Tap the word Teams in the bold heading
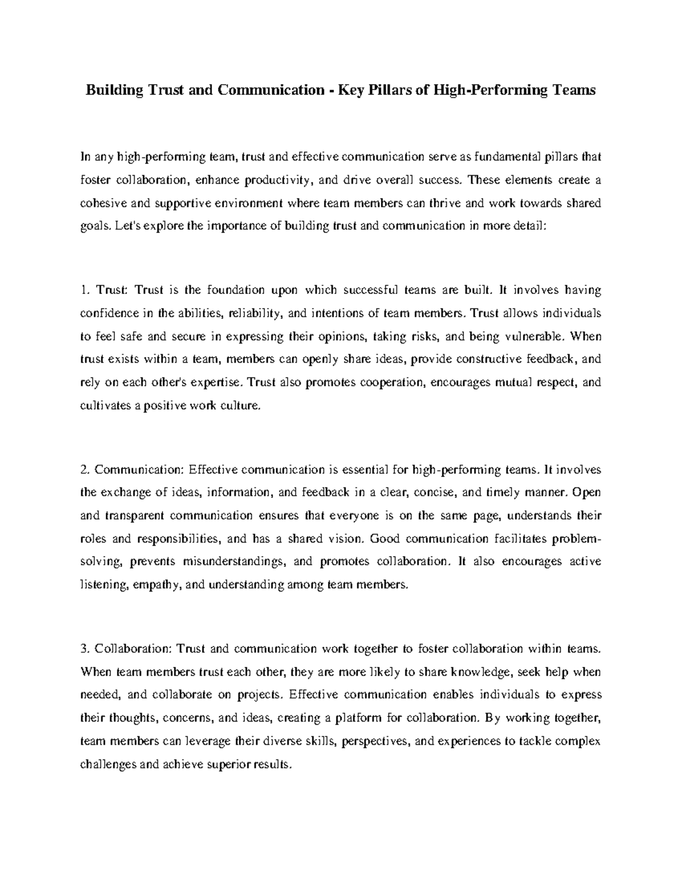tap(574, 89)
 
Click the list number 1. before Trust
tap(85, 290)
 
